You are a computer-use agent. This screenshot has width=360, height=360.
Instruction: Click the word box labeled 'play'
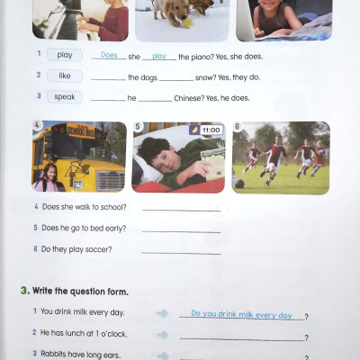(x=65, y=55)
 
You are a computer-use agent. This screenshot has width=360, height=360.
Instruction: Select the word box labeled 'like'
(x=65, y=76)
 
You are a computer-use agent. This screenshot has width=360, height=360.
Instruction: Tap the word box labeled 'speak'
(x=65, y=96)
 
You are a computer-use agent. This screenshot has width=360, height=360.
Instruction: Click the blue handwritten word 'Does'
(x=109, y=55)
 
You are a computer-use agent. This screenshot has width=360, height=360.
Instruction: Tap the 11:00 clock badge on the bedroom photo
(x=210, y=130)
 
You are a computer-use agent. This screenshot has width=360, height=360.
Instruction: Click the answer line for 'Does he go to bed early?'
(x=181, y=231)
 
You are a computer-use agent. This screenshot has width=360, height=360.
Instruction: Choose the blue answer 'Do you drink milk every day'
(x=240, y=315)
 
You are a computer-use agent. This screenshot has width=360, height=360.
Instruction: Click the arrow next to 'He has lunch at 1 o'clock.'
(x=163, y=336)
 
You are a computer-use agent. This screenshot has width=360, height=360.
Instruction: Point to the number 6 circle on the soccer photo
(x=237, y=127)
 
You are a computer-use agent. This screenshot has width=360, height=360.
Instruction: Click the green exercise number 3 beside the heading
(x=22, y=292)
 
